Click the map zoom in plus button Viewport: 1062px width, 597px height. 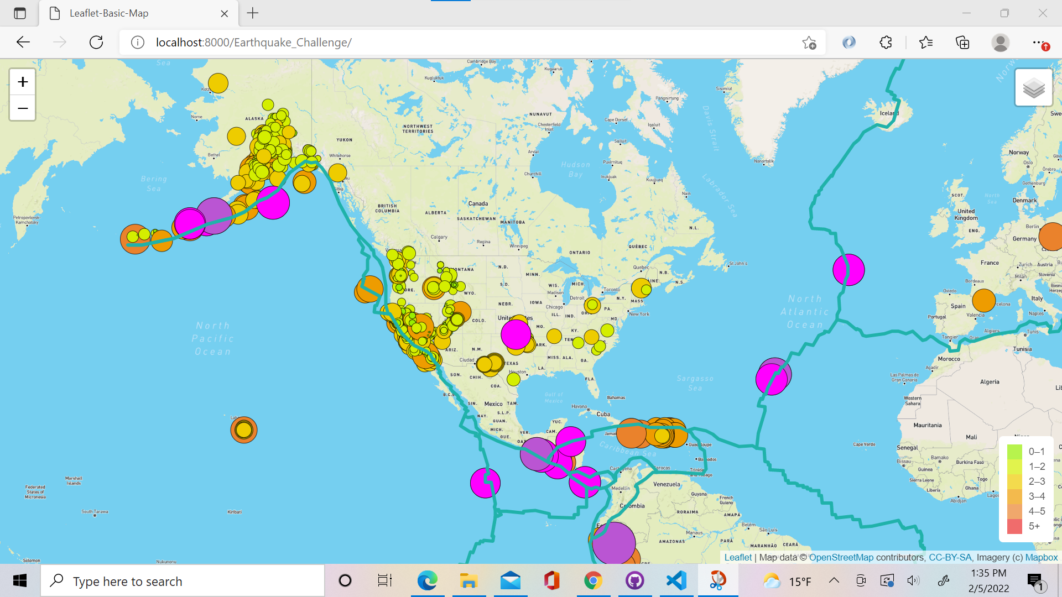click(23, 82)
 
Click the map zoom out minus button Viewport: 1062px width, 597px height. click(23, 108)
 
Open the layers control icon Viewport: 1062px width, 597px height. click(1033, 88)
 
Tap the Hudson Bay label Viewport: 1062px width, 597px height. click(576, 169)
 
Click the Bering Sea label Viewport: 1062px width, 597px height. click(154, 184)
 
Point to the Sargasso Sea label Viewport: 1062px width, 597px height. click(695, 383)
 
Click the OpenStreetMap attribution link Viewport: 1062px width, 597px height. click(841, 557)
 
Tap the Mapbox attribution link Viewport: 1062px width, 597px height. click(1041, 557)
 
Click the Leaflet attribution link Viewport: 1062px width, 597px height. click(738, 557)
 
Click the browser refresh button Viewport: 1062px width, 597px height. click(96, 43)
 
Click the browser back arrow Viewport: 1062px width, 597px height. click(23, 43)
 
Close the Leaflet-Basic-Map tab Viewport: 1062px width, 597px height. click(225, 13)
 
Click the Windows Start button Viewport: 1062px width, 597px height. click(20, 581)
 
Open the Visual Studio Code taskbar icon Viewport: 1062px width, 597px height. click(676, 581)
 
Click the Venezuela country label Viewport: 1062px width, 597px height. click(667, 484)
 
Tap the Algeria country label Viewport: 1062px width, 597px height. click(990, 382)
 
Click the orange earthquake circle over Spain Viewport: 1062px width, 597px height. click(983, 300)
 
